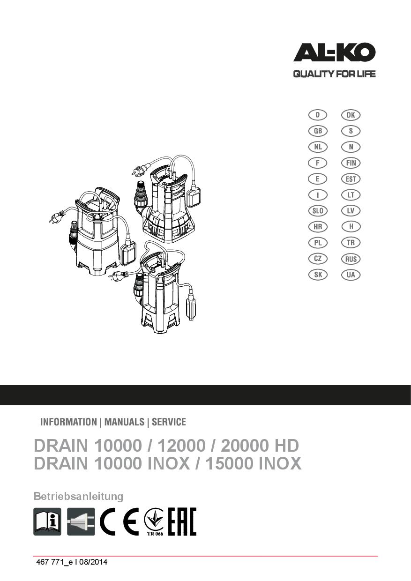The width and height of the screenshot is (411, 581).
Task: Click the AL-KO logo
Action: coord(335,52)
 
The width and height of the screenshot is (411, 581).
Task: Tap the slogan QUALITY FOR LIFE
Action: coord(335,74)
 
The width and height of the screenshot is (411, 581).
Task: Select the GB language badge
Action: coord(318,131)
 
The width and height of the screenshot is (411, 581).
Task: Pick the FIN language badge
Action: coord(351,163)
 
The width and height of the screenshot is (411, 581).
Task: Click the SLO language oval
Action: coord(318,211)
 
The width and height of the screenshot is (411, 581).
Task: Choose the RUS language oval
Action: coord(351,259)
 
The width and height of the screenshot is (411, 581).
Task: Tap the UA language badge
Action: coord(351,275)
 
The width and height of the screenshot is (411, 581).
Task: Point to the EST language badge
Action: coord(351,179)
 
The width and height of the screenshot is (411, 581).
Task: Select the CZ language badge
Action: coord(318,259)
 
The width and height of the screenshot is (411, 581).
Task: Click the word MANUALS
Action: coord(124,422)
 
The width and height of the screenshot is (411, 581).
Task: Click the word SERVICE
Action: coord(169,422)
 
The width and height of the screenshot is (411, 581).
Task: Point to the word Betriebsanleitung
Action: coord(78,497)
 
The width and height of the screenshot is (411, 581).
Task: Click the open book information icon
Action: coord(47,521)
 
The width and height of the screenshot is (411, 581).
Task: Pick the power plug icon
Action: coord(81,521)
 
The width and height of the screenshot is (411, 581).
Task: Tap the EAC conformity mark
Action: coord(182,521)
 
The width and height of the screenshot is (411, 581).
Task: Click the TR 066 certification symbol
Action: coord(154,521)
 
